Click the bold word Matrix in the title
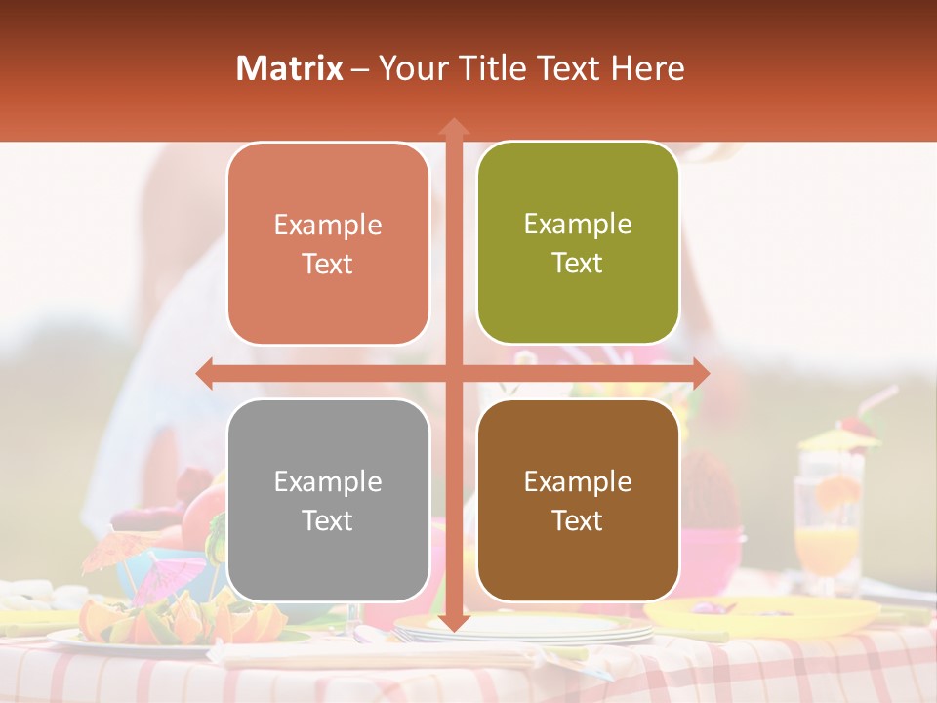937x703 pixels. (289, 68)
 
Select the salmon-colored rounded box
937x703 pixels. (328, 244)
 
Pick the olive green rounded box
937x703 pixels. (578, 243)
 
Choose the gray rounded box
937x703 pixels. (328, 501)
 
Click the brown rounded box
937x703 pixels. (578, 501)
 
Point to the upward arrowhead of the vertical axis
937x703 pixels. (453, 127)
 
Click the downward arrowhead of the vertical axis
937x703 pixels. (453, 622)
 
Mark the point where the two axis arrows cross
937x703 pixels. (453, 373)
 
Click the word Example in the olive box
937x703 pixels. (578, 224)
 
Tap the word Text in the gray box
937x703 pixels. (327, 520)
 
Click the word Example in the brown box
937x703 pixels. (578, 481)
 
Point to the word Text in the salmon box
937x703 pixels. (327, 264)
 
